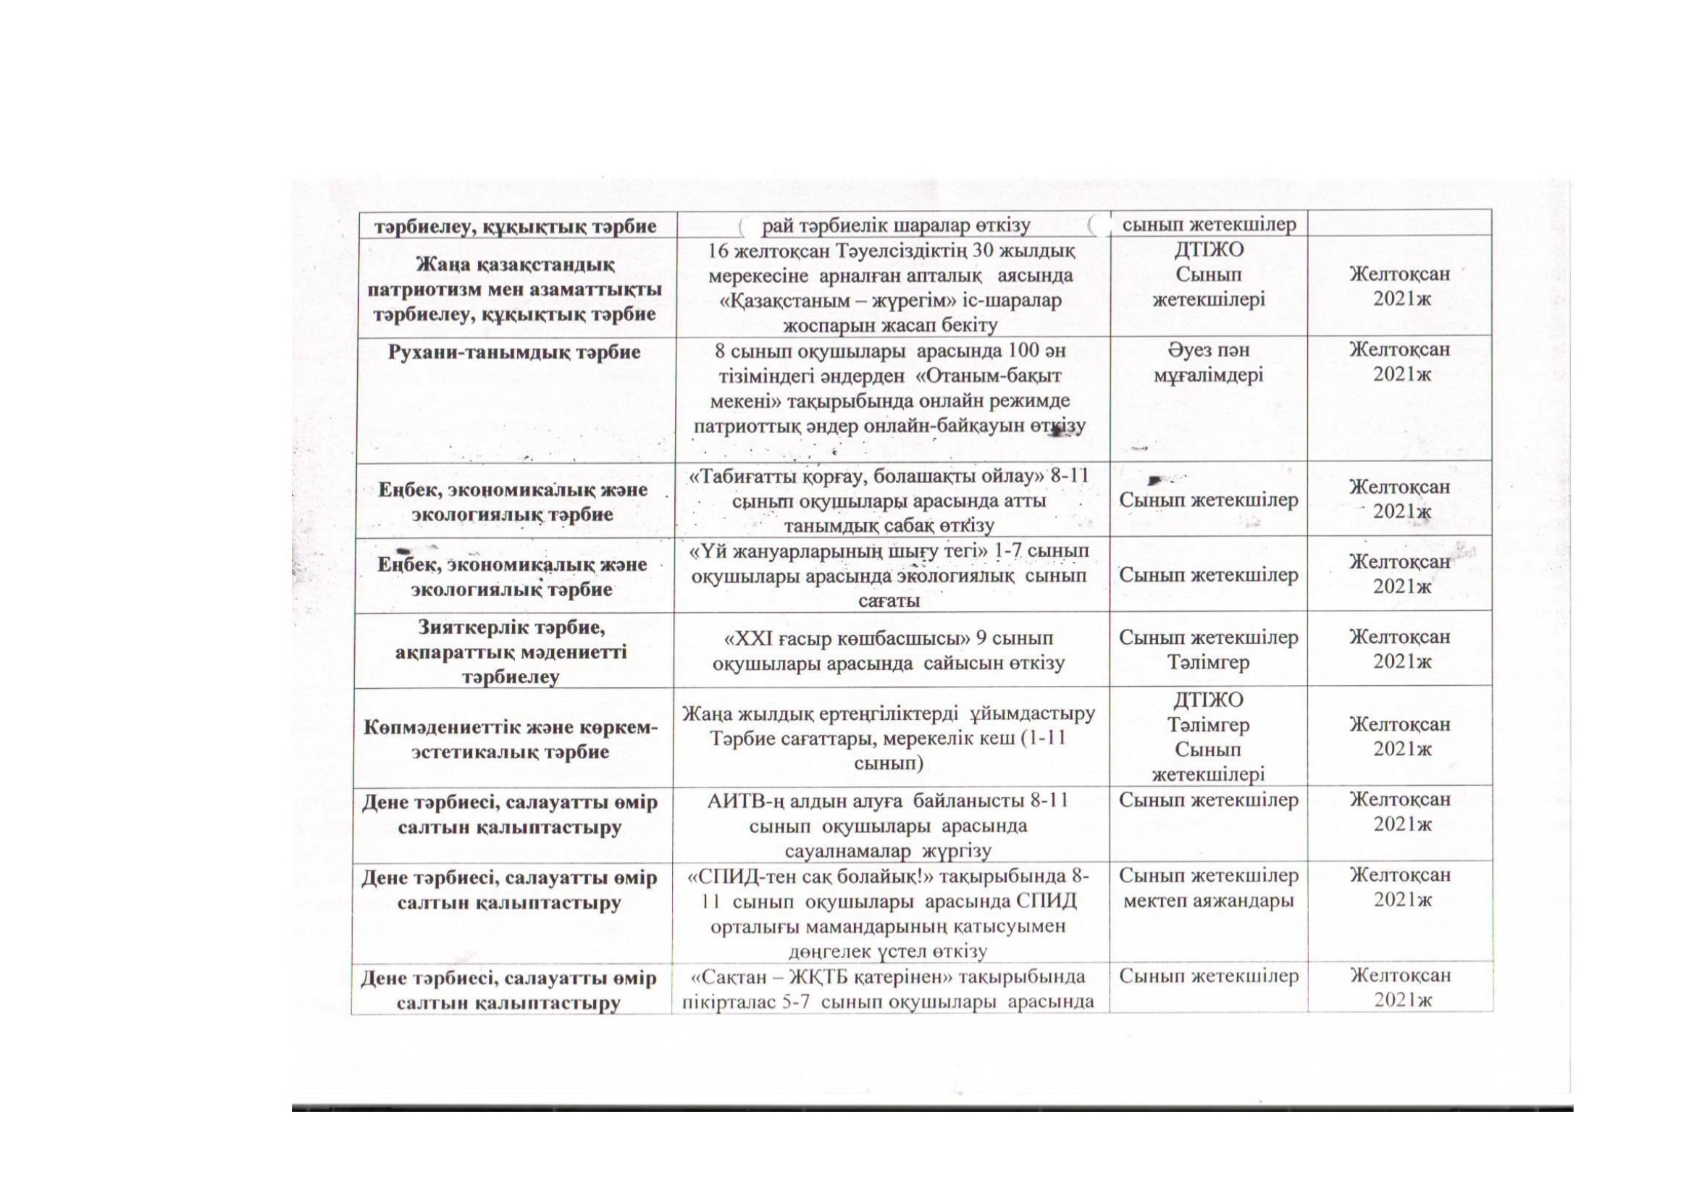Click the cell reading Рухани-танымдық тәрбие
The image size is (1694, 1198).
[513, 352]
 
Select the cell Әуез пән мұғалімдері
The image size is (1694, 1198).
[1208, 363]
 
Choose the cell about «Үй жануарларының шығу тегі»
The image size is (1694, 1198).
[889, 574]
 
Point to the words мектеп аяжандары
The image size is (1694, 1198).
[1208, 901]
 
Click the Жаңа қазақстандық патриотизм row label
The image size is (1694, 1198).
[513, 288]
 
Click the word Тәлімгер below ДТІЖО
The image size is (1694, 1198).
[1208, 725]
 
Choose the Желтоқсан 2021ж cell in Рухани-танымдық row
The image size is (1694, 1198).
[1400, 361]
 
